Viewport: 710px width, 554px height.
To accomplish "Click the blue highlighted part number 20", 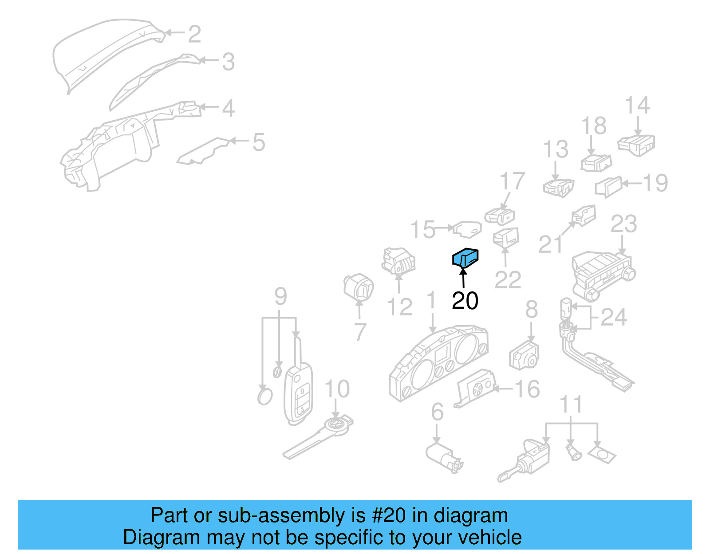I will tap(465, 258).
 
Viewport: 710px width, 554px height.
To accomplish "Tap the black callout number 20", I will tap(465, 301).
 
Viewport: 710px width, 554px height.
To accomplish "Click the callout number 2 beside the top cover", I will tap(194, 34).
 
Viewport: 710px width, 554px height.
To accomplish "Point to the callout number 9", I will tap(280, 296).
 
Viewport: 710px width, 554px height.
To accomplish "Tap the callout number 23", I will tap(623, 224).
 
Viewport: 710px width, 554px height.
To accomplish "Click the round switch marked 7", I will tap(359, 287).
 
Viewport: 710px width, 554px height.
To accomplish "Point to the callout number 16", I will tap(527, 389).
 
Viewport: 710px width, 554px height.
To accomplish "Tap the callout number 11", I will tap(571, 405).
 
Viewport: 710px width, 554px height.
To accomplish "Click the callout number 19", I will tap(655, 183).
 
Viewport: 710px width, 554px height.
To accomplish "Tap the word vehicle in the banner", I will tap(489, 538).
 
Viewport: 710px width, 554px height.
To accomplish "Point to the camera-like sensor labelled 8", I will tap(524, 356).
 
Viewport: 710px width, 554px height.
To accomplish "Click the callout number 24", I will tap(614, 317).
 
